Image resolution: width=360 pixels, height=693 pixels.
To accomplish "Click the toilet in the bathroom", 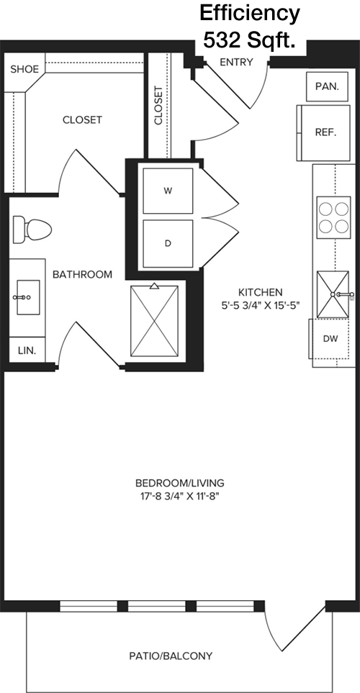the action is tap(32, 230).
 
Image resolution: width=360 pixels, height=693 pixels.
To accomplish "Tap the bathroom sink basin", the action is tap(28, 297).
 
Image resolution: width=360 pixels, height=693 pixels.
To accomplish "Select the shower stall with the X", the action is tap(154, 321).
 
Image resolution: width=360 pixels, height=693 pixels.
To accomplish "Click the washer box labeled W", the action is tap(168, 191).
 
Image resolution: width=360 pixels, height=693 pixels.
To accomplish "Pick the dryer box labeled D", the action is tap(168, 243).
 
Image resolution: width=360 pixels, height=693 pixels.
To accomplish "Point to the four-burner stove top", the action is tap(334, 217).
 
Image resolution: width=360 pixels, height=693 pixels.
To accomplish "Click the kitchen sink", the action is tap(333, 294).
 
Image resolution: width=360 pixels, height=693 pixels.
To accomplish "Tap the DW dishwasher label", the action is tap(330, 339).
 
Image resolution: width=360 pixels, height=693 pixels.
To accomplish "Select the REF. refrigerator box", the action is tap(325, 132).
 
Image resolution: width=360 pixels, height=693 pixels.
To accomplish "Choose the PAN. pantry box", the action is tap(328, 86).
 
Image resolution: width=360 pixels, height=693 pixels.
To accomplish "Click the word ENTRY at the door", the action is tap(237, 63).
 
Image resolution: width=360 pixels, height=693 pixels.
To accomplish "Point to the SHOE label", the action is tap(24, 69).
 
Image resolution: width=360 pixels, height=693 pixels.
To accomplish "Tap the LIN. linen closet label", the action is tap(27, 351).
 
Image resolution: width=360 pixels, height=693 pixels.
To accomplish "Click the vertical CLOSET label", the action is tap(158, 105).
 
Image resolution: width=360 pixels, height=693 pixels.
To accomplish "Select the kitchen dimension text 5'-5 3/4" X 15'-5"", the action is tap(260, 305).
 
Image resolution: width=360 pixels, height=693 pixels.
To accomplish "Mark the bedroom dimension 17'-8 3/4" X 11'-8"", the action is tap(180, 496).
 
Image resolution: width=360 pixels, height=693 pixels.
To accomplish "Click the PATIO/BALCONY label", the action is tap(171, 656).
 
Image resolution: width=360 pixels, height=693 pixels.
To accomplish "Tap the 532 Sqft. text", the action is tap(249, 41).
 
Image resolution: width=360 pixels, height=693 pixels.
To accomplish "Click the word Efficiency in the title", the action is tap(249, 14).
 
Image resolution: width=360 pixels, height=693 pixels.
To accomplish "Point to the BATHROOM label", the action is tap(82, 274).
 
